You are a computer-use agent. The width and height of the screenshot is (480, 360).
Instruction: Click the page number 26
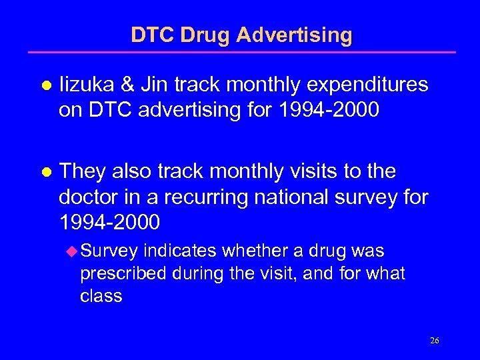[x=434, y=341]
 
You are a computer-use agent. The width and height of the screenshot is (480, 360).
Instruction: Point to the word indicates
[x=180, y=251]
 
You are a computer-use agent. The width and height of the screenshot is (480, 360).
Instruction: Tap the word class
[x=101, y=295]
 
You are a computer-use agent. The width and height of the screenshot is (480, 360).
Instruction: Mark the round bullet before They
[x=46, y=173]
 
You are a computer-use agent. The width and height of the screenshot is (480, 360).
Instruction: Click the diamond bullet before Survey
[x=71, y=252]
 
